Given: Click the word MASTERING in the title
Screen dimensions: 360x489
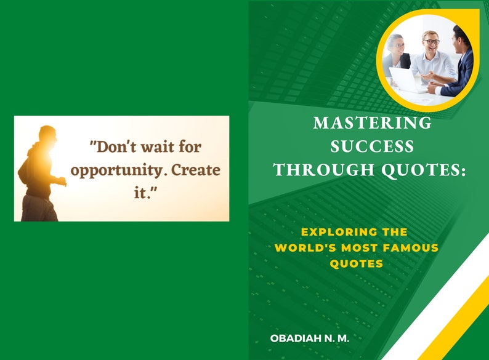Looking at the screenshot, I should (x=372, y=123).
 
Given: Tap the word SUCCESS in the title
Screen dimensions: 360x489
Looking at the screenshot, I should (x=372, y=146).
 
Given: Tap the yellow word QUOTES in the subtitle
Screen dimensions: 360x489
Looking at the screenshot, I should (x=356, y=264).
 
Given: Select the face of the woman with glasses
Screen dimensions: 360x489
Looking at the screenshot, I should (x=397, y=44).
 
